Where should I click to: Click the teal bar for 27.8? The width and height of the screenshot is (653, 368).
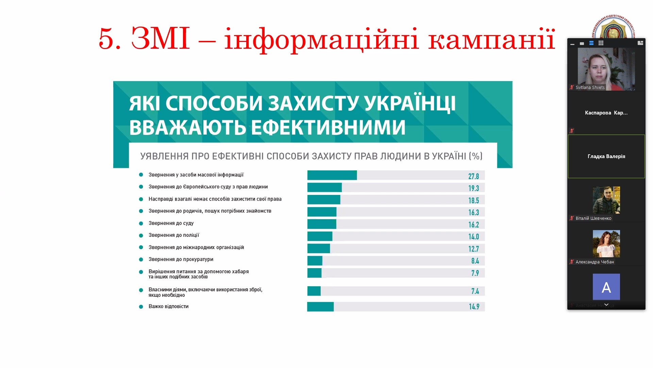pyautogui.click(x=332, y=175)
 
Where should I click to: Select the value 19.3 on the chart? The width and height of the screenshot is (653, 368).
pyautogui.click(x=473, y=188)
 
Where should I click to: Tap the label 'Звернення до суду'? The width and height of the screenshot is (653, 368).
pyautogui.click(x=171, y=223)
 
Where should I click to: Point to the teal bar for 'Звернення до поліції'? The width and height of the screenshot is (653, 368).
pyautogui.click(x=320, y=236)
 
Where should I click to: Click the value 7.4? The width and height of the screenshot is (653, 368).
pyautogui.click(x=475, y=291)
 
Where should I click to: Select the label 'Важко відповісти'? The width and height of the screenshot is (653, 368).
pyautogui.click(x=168, y=306)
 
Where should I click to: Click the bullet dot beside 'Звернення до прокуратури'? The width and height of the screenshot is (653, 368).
pyautogui.click(x=141, y=260)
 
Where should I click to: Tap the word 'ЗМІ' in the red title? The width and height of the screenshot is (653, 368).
pyautogui.click(x=161, y=39)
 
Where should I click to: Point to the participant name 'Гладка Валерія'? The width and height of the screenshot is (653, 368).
pyautogui.click(x=606, y=156)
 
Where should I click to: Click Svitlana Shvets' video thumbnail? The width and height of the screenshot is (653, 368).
pyautogui.click(x=606, y=69)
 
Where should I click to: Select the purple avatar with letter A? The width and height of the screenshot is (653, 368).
pyautogui.click(x=606, y=287)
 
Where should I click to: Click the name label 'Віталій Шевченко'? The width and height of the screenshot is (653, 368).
pyautogui.click(x=593, y=218)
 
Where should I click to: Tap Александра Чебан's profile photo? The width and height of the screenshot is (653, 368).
pyautogui.click(x=606, y=243)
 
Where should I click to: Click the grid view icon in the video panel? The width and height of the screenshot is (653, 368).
pyautogui.click(x=601, y=43)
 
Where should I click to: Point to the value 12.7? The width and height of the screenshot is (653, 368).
pyautogui.click(x=473, y=249)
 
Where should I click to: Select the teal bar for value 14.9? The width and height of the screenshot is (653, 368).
pyautogui.click(x=320, y=307)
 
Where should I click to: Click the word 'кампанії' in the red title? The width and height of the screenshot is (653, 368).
pyautogui.click(x=491, y=39)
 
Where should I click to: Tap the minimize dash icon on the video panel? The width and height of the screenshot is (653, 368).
pyautogui.click(x=572, y=44)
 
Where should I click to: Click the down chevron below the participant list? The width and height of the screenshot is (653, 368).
pyautogui.click(x=606, y=305)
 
